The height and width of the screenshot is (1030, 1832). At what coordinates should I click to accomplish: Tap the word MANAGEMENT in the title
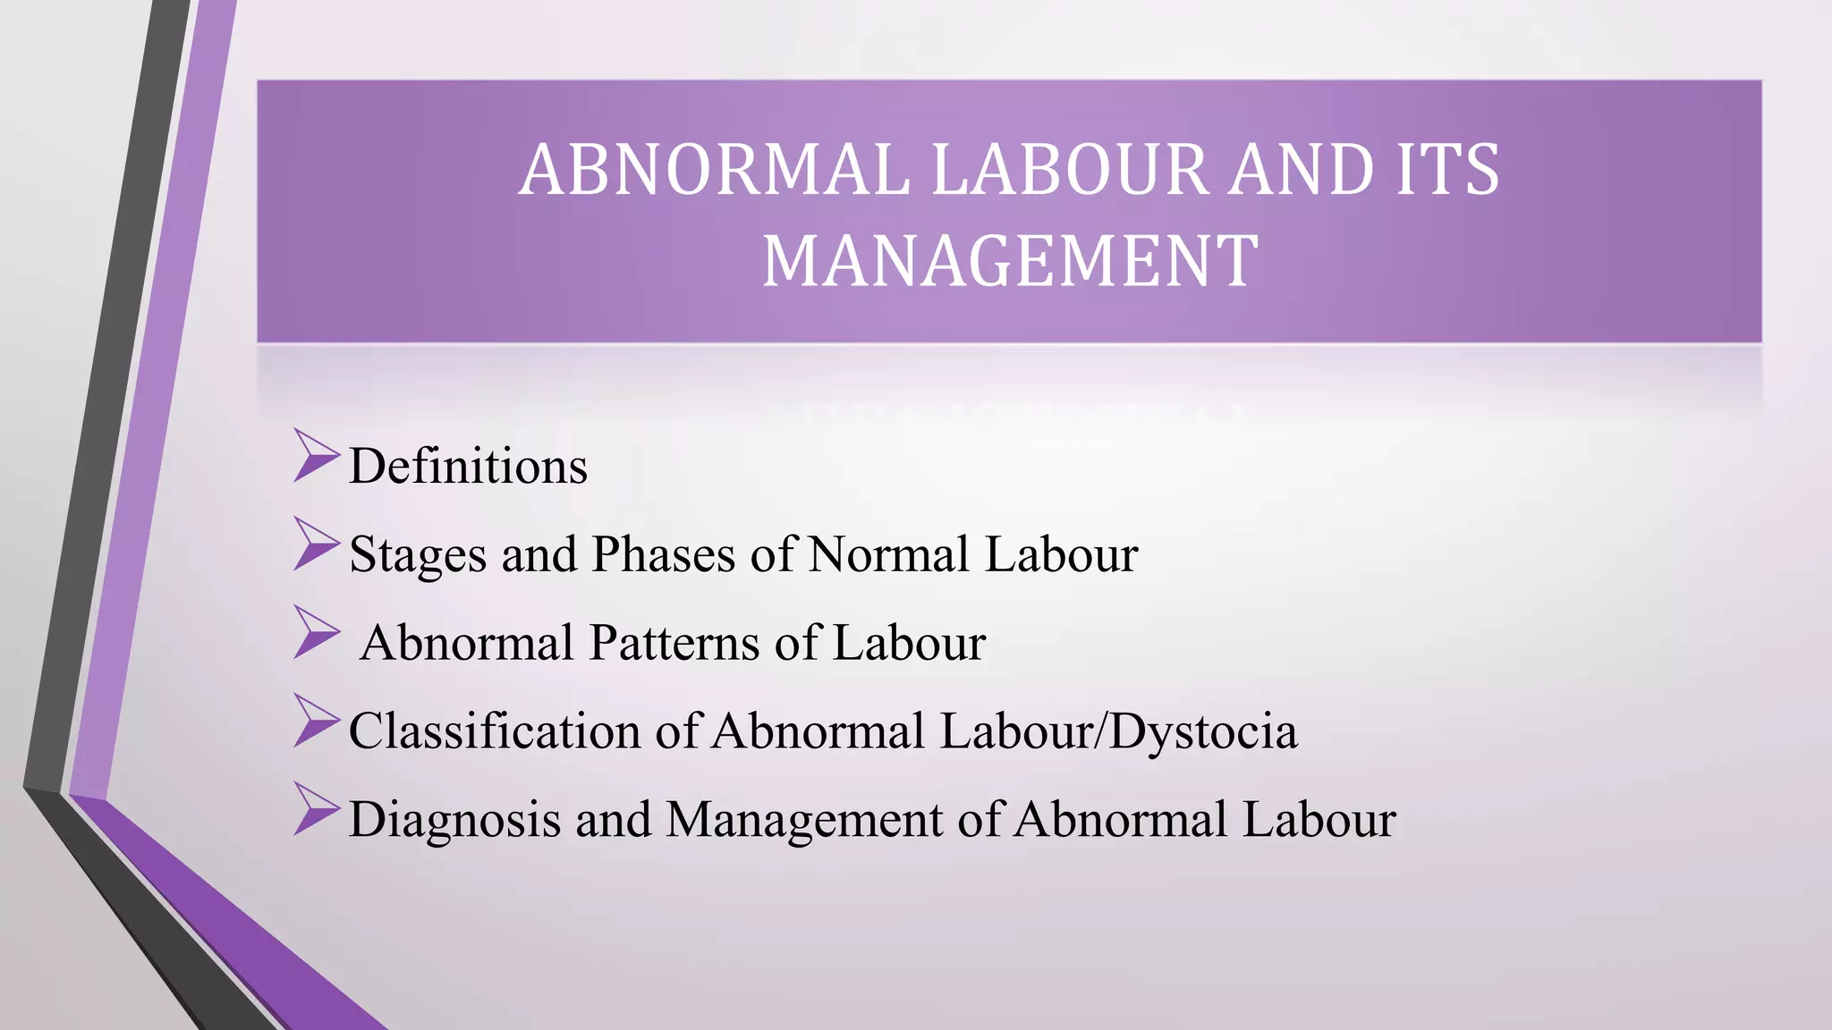[1010, 260]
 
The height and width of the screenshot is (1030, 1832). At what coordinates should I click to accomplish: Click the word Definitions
[468, 466]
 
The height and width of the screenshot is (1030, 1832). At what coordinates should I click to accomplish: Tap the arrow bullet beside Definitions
[316, 456]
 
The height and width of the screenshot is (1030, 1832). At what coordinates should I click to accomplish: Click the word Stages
[417, 554]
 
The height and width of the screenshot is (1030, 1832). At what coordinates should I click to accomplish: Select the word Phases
[663, 554]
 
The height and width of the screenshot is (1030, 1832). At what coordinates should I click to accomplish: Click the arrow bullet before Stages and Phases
[316, 544]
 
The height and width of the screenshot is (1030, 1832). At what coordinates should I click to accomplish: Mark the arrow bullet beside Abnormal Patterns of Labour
[316, 632]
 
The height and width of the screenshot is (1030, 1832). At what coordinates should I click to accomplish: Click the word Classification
[494, 730]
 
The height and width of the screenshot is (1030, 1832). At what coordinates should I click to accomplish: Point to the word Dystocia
[1204, 730]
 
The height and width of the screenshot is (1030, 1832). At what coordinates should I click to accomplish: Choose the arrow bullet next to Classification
[316, 721]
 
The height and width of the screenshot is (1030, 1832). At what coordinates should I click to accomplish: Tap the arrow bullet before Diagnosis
[316, 809]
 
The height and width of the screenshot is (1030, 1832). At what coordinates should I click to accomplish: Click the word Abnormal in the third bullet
[466, 643]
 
